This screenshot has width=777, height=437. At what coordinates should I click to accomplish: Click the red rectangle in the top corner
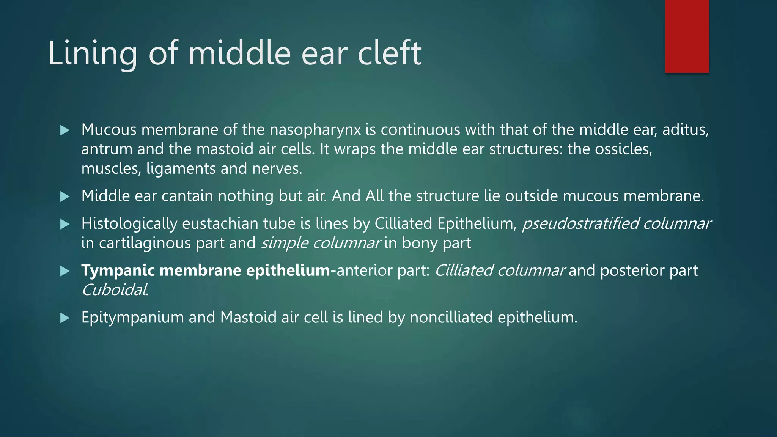click(687, 36)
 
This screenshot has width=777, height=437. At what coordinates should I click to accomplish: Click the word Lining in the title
click(92, 53)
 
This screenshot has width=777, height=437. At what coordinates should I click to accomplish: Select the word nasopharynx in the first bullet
click(315, 130)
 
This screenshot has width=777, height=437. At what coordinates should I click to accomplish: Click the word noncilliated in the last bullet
click(451, 318)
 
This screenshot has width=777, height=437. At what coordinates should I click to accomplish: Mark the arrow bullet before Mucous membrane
click(65, 130)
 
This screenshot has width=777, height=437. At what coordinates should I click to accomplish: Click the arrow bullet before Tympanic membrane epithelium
click(65, 271)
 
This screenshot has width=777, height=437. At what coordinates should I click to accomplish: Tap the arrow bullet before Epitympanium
click(65, 318)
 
